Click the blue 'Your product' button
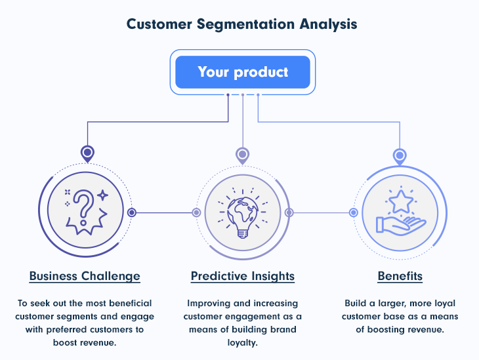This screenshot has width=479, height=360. (x=243, y=72)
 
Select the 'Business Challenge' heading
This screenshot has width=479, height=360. (x=85, y=276)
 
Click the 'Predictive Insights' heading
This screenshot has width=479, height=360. (x=243, y=276)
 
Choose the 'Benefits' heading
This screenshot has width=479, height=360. (x=400, y=276)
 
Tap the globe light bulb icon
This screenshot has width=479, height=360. (x=243, y=213)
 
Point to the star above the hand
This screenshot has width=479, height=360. (x=401, y=201)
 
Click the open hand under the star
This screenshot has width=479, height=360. (x=401, y=226)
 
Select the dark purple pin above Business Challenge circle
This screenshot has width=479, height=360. (x=87, y=153)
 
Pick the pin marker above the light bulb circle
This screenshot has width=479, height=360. (x=243, y=155)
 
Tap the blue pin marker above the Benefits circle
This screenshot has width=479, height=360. (x=400, y=157)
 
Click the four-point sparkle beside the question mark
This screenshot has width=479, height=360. (x=102, y=195)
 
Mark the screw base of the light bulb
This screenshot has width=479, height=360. (x=243, y=234)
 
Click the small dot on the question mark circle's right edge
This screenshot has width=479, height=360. (x=132, y=212)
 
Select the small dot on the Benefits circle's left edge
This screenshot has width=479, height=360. (x=354, y=212)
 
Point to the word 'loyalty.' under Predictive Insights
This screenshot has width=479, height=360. (x=243, y=343)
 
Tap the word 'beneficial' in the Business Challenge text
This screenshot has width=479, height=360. (x=131, y=303)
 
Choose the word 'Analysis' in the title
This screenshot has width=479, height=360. (x=328, y=24)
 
